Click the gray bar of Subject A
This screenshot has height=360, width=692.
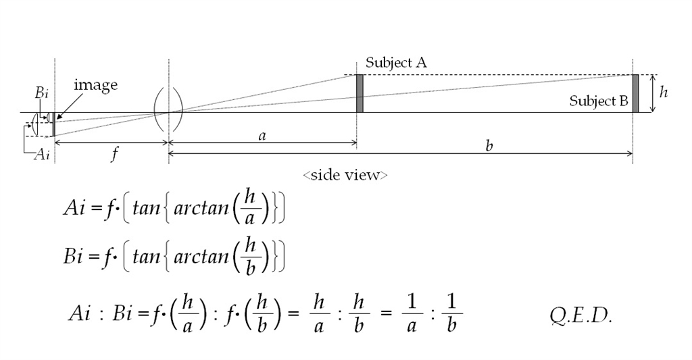click(360, 94)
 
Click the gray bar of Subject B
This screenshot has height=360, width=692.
click(635, 94)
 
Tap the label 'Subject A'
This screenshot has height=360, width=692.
click(396, 63)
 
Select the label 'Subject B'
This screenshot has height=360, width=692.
click(599, 101)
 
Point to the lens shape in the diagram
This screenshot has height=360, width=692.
click(168, 109)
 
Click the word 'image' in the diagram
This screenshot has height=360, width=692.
click(95, 84)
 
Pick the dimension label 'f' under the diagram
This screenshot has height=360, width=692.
click(115, 155)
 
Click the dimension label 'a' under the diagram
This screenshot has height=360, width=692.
click(262, 136)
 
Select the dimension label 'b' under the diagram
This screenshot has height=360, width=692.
click(489, 146)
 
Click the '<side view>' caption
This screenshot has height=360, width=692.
click(345, 175)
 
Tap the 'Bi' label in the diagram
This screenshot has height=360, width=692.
click(42, 94)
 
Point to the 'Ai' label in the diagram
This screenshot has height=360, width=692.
click(42, 155)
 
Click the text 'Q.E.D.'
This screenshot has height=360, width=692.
click(581, 317)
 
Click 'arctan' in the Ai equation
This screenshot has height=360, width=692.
click(201, 208)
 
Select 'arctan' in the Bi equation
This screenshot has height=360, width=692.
click(201, 257)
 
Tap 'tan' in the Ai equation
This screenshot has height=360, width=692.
click(146, 208)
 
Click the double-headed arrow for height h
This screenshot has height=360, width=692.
click(651, 94)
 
